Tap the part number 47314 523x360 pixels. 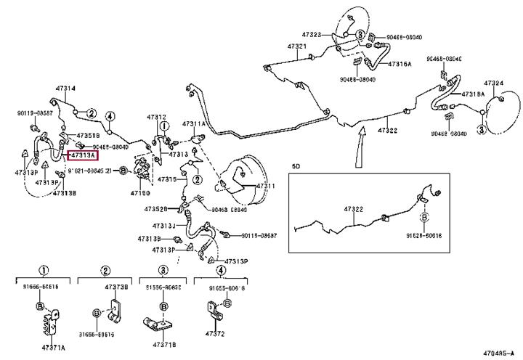pyautogui.click(x=65, y=89)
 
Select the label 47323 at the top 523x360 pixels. pyautogui.click(x=312, y=34)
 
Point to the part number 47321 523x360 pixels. pyautogui.click(x=297, y=46)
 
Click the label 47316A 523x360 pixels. pyautogui.click(x=400, y=64)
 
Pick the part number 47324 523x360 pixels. pyautogui.click(x=493, y=83)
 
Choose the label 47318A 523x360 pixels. pyautogui.click(x=473, y=94)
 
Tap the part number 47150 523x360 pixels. pyautogui.click(x=139, y=194)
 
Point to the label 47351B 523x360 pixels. pyautogui.click(x=88, y=136)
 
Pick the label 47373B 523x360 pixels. pyautogui.click(x=116, y=287)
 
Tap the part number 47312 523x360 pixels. pyautogui.click(x=156, y=117)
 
